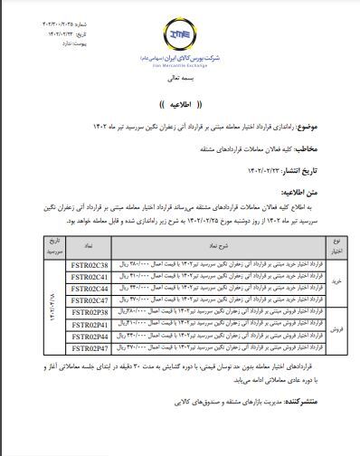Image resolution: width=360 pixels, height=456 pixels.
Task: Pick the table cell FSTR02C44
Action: [x=89, y=287]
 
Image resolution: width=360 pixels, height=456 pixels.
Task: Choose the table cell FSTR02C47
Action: [x=89, y=299]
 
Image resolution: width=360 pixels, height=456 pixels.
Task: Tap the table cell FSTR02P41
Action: [x=89, y=322]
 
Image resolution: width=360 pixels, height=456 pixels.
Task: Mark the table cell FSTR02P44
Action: [x=89, y=334]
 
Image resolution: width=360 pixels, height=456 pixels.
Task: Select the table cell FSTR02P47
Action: [x=89, y=346]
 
